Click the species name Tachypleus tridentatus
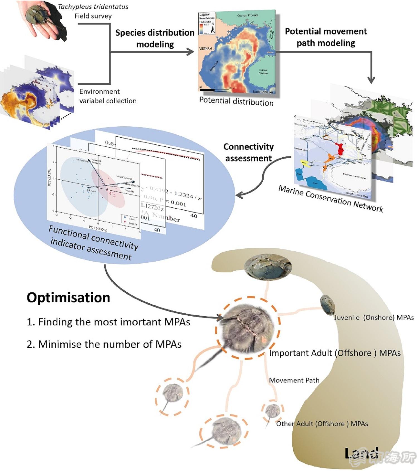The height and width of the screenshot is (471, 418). tap(93, 7)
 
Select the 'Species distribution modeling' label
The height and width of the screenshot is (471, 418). tap(155, 38)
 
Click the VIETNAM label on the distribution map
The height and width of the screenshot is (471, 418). tap(206, 48)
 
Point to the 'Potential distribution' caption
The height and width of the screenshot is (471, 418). tap(236, 101)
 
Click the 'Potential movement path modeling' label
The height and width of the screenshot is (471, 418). tap(326, 37)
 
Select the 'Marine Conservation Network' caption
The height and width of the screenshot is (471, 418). tap(331, 199)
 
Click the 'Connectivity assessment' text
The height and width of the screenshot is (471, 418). tap(249, 152)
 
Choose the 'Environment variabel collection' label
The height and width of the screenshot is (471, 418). tap(108, 96)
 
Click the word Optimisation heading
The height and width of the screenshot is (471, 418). tap(68, 297)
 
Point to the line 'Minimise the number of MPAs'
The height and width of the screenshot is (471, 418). tap(104, 344)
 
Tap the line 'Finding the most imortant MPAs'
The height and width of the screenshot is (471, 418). tap(109, 322)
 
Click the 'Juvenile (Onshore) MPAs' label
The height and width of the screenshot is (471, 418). tap(374, 317)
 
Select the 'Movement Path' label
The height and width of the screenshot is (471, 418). tap(294, 380)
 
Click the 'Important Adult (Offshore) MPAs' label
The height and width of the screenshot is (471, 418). tap(335, 353)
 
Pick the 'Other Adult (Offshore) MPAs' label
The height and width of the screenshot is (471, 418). tap(322, 424)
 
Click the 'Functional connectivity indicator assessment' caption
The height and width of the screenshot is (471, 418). tap(93, 242)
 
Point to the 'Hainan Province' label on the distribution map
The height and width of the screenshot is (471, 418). tap(263, 72)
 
